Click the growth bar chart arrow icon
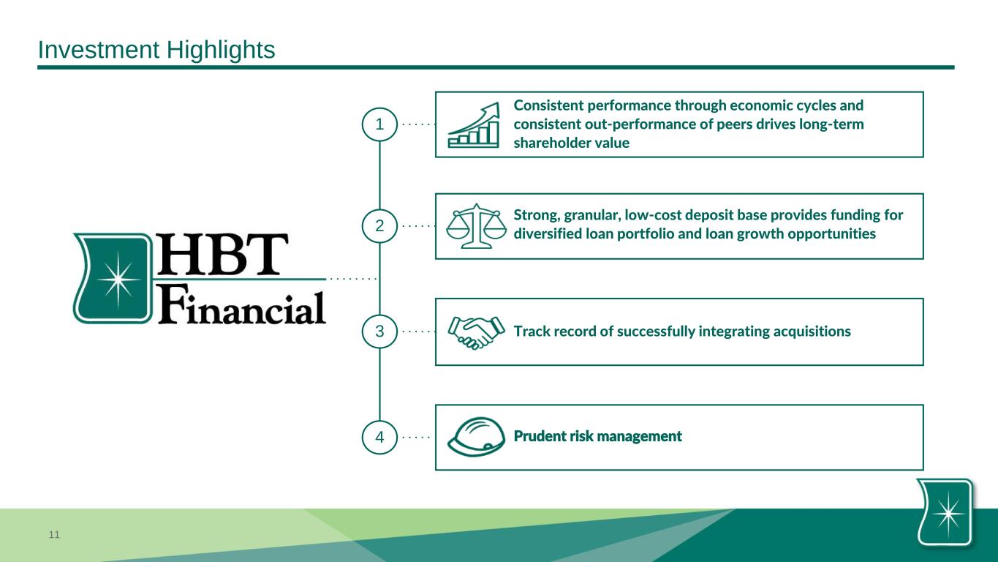(474, 125)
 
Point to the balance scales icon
(476, 225)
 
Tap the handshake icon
(476, 333)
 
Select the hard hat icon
(476, 437)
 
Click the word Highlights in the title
(221, 50)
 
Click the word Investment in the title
(99, 50)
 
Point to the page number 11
(54, 534)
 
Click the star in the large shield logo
(118, 280)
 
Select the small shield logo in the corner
(945, 512)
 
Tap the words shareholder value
(572, 143)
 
